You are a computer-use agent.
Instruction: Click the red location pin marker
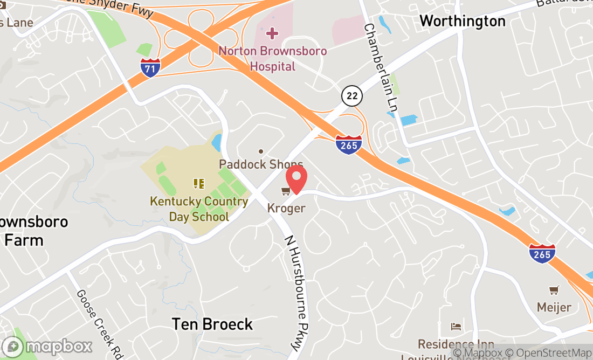[x=296, y=179]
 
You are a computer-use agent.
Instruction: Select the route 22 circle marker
[x=351, y=96]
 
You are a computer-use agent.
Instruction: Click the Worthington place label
[x=463, y=21]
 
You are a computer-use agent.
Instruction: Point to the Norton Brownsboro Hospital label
[x=272, y=59]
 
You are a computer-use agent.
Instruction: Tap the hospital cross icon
[x=272, y=34]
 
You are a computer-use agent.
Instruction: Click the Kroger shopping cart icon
[x=285, y=191]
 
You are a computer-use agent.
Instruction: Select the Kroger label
[x=286, y=208]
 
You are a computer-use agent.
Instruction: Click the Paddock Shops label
[x=261, y=164]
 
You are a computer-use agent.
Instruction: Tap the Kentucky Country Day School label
[x=199, y=209]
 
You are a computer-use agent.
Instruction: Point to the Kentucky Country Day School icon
[x=199, y=184]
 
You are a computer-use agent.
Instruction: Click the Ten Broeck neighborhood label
[x=212, y=324]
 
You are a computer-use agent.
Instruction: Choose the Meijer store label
[x=554, y=308]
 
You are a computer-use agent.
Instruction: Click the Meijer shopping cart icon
[x=554, y=291]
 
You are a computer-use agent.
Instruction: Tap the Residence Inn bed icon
[x=456, y=327]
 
